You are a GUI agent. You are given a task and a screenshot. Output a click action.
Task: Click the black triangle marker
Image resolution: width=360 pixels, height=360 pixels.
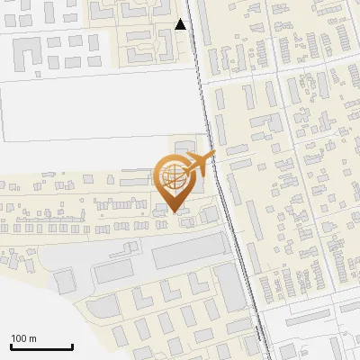point(181,24)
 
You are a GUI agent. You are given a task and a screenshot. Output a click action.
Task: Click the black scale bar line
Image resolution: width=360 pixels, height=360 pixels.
point(41,346)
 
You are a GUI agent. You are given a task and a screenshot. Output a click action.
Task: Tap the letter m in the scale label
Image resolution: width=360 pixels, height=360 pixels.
point(32,338)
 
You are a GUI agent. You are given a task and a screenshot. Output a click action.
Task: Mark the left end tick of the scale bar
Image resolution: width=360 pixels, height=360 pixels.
point(11,346)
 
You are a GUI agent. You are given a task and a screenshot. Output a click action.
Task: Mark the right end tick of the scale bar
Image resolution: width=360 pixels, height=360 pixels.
point(72,346)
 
